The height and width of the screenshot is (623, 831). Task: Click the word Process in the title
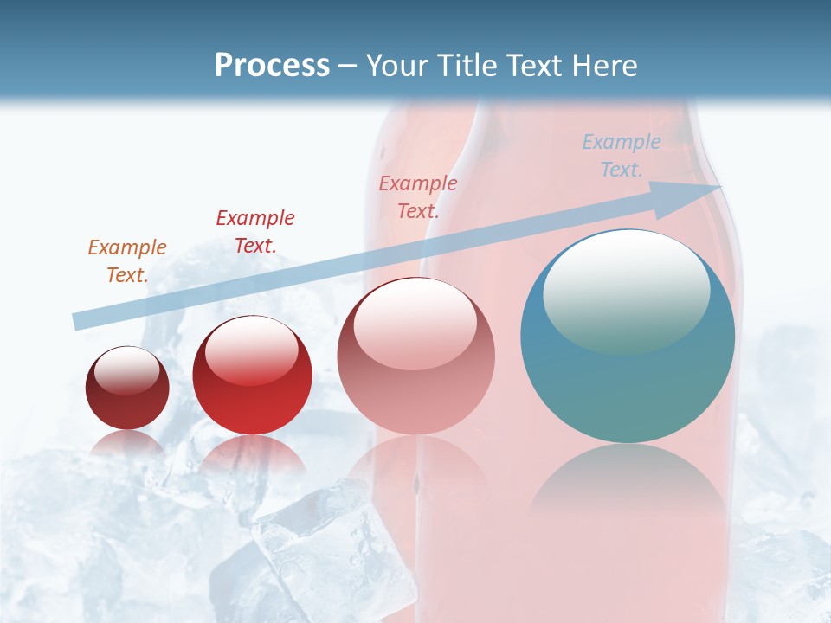(x=272, y=66)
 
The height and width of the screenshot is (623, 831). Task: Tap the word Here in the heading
(x=603, y=66)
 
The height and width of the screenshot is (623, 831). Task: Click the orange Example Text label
(x=127, y=260)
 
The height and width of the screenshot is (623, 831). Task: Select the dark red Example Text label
(x=254, y=231)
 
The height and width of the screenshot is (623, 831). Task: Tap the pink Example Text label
(x=417, y=196)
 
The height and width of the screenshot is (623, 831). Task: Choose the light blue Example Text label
(x=621, y=155)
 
